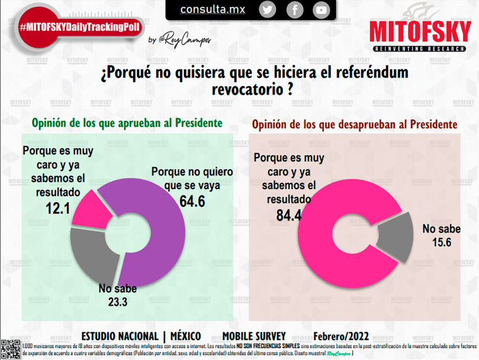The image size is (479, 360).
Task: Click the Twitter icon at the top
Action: (x=268, y=9)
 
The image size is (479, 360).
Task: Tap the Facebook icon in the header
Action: (x=294, y=10)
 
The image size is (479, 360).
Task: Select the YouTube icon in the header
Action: (x=321, y=10)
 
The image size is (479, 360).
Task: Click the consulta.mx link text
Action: (x=212, y=9)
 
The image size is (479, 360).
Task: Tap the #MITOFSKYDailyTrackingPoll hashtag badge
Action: (x=79, y=28)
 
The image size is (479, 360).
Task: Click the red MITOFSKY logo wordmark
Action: (x=420, y=31)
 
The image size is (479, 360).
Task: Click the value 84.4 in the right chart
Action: (x=289, y=215)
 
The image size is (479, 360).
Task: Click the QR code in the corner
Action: (x=10, y=349)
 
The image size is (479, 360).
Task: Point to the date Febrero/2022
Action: (x=341, y=336)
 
